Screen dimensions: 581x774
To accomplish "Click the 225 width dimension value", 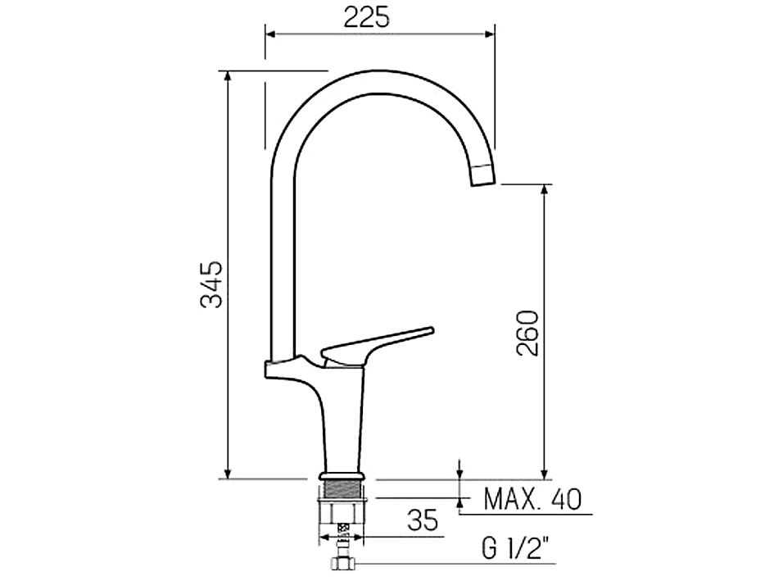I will coord(366,16).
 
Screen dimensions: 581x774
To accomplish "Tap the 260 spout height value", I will coord(527,332).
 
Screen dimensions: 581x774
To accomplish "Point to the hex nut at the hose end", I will coord(342,564).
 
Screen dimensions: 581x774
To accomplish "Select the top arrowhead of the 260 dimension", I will coord(543,190).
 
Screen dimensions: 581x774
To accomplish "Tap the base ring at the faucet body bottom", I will coord(342,475).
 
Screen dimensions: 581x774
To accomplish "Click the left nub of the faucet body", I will coord(270,370).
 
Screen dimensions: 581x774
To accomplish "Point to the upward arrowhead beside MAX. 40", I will coord(460,503).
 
